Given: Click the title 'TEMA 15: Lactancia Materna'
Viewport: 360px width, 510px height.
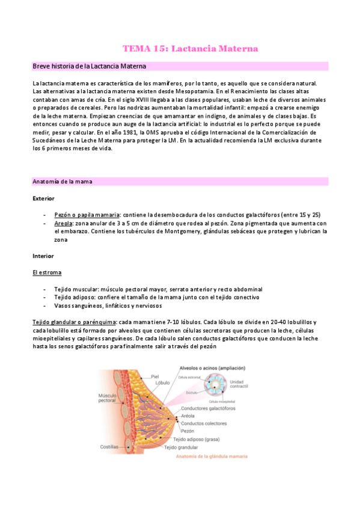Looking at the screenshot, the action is pyautogui.click(x=191, y=48).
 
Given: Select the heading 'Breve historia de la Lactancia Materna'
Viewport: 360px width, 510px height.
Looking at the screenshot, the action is pyautogui.click(x=90, y=66).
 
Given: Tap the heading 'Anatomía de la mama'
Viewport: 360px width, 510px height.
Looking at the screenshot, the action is pyautogui.click(x=62, y=181).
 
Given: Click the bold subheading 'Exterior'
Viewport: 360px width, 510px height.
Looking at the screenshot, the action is pyautogui.click(x=43, y=198).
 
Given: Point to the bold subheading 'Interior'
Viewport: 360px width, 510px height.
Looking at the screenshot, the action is pyautogui.click(x=43, y=256).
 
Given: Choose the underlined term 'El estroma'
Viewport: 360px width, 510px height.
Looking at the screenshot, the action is pyautogui.click(x=47, y=272).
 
